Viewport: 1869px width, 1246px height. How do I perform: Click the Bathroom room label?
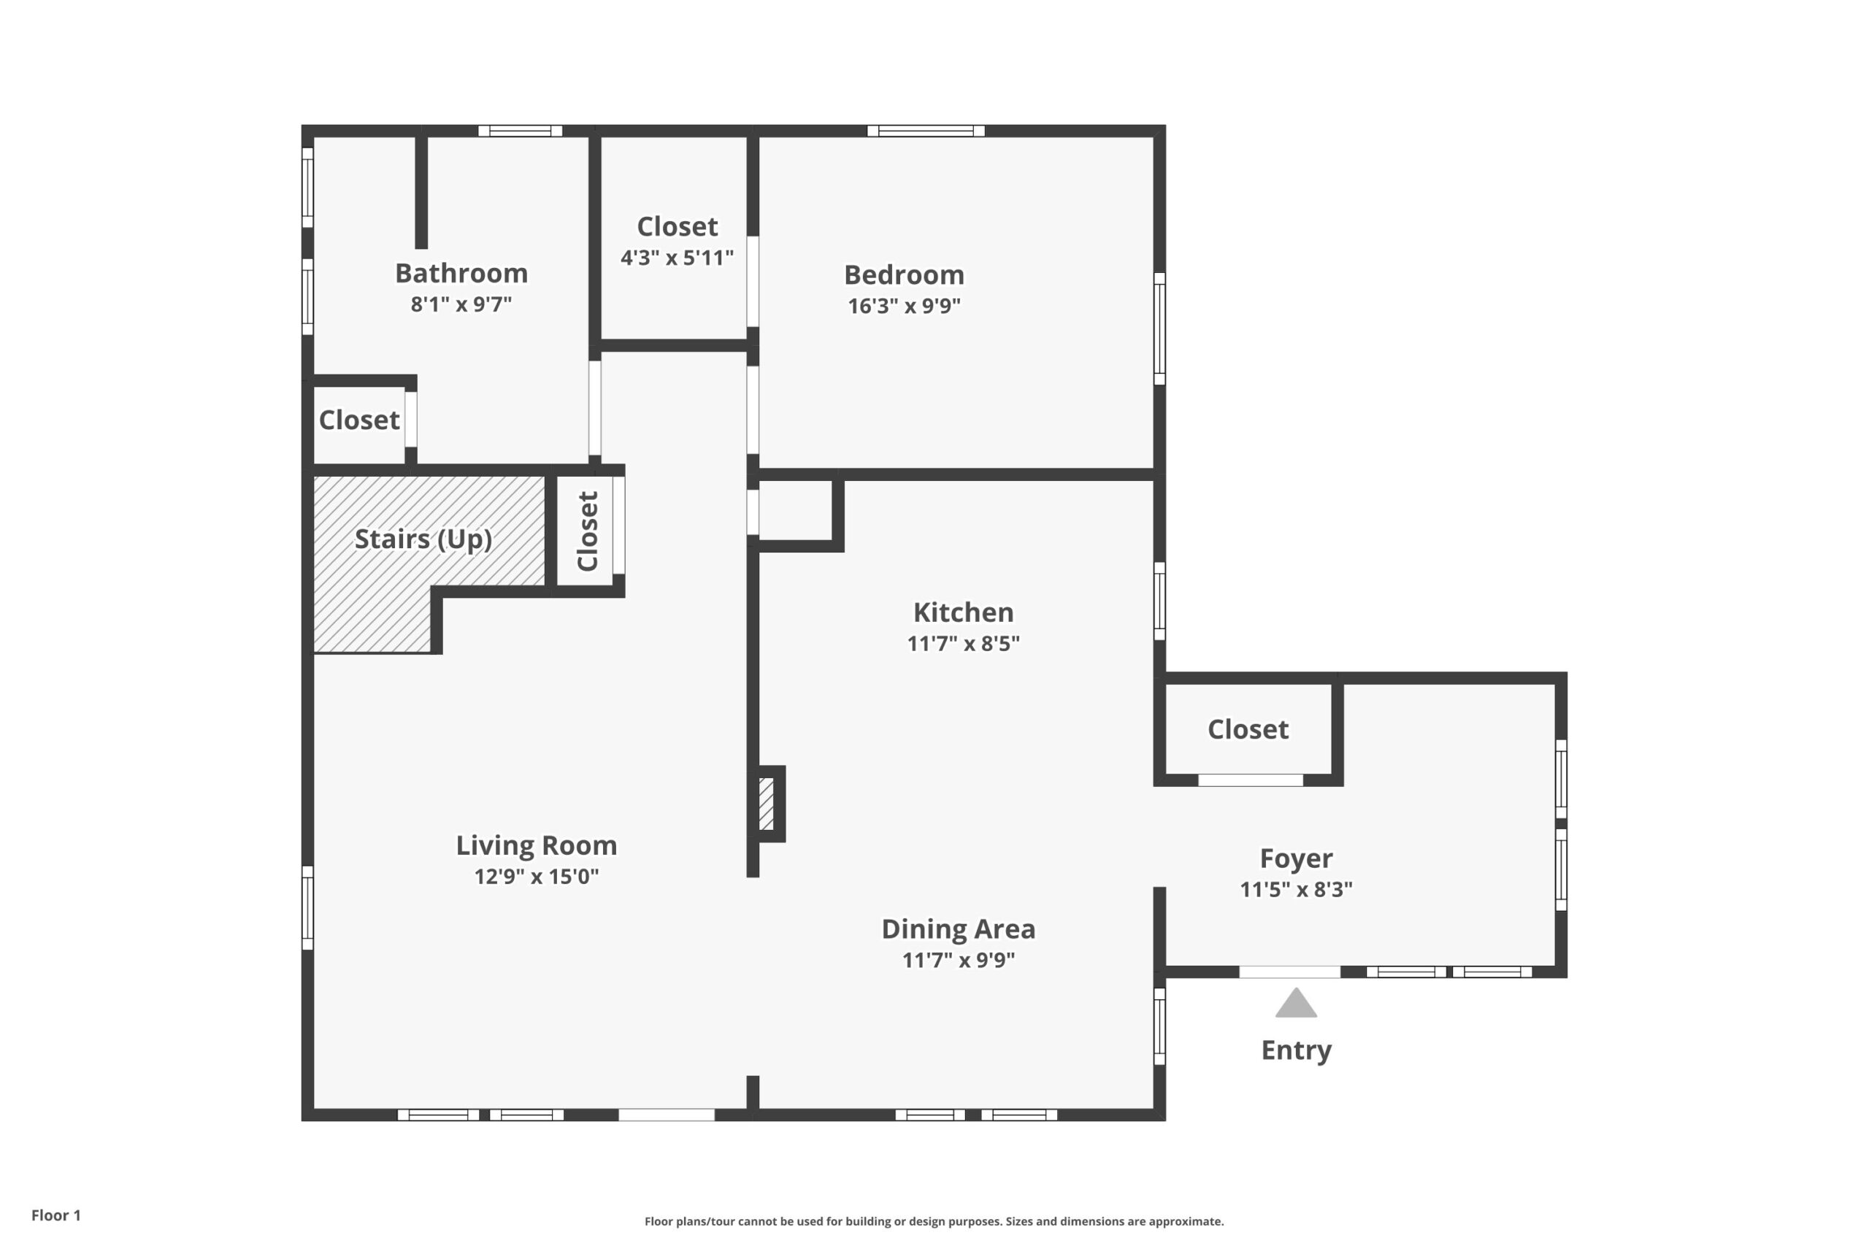click(461, 273)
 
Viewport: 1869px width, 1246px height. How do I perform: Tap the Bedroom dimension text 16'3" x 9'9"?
click(904, 306)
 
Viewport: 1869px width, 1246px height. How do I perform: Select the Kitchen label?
click(963, 612)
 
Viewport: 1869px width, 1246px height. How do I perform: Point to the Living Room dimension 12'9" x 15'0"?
click(537, 877)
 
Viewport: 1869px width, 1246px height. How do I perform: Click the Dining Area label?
click(959, 929)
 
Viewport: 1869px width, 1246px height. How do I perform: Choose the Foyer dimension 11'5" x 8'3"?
click(1296, 889)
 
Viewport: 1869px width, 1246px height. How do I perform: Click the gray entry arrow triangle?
click(1296, 1003)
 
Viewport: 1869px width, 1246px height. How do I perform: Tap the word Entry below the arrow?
click(1296, 1050)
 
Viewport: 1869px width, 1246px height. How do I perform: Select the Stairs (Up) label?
click(423, 539)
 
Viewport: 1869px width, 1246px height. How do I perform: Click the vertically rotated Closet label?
click(587, 531)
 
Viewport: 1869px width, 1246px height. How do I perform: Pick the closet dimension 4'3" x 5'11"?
click(677, 258)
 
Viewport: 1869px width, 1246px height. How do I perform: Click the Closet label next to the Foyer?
click(1248, 729)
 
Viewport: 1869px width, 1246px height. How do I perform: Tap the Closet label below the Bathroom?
click(359, 420)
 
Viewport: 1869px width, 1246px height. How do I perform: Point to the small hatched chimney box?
click(767, 804)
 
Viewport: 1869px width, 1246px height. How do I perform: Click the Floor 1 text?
click(55, 1215)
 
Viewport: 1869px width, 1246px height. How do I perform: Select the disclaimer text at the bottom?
click(934, 1221)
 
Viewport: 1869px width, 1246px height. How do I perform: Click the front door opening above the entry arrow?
click(1290, 972)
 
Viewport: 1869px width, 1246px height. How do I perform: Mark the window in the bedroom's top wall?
click(926, 131)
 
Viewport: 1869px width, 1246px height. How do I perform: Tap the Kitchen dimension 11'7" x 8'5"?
click(963, 644)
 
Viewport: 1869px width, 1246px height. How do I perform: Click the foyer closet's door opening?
click(1250, 780)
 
